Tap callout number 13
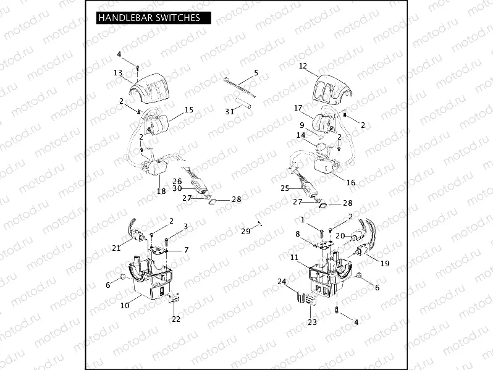click(x=117, y=73)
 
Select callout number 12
click(x=302, y=65)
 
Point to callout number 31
click(x=229, y=111)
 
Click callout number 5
click(x=255, y=72)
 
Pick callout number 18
click(x=161, y=191)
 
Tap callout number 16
click(x=351, y=183)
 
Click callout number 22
click(x=176, y=319)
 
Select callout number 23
click(x=311, y=322)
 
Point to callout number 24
click(x=282, y=282)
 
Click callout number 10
click(x=124, y=305)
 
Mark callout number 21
click(x=116, y=248)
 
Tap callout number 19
click(x=384, y=264)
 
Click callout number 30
click(x=177, y=188)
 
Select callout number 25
click(x=285, y=188)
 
